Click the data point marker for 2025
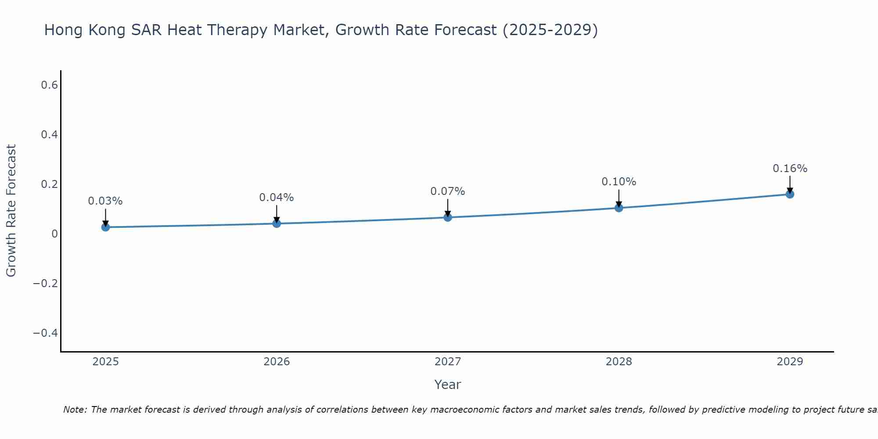[x=105, y=227]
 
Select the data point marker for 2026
[x=277, y=223]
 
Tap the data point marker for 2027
[x=448, y=217]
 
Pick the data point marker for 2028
[x=619, y=208]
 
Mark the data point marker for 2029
[x=790, y=194]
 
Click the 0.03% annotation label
[x=105, y=201]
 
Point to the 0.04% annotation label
[x=277, y=198]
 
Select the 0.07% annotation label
[x=448, y=191]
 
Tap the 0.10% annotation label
[x=619, y=182]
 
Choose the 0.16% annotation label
[x=790, y=169]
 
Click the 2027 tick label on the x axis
[x=448, y=362]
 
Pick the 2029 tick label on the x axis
[x=790, y=362]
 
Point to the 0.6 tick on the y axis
[x=50, y=85]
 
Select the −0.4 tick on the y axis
[x=46, y=333]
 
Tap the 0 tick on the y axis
[x=55, y=234]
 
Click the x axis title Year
[x=448, y=385]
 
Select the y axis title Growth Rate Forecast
[x=11, y=211]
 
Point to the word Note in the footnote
[x=75, y=410]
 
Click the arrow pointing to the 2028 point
[x=619, y=198]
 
